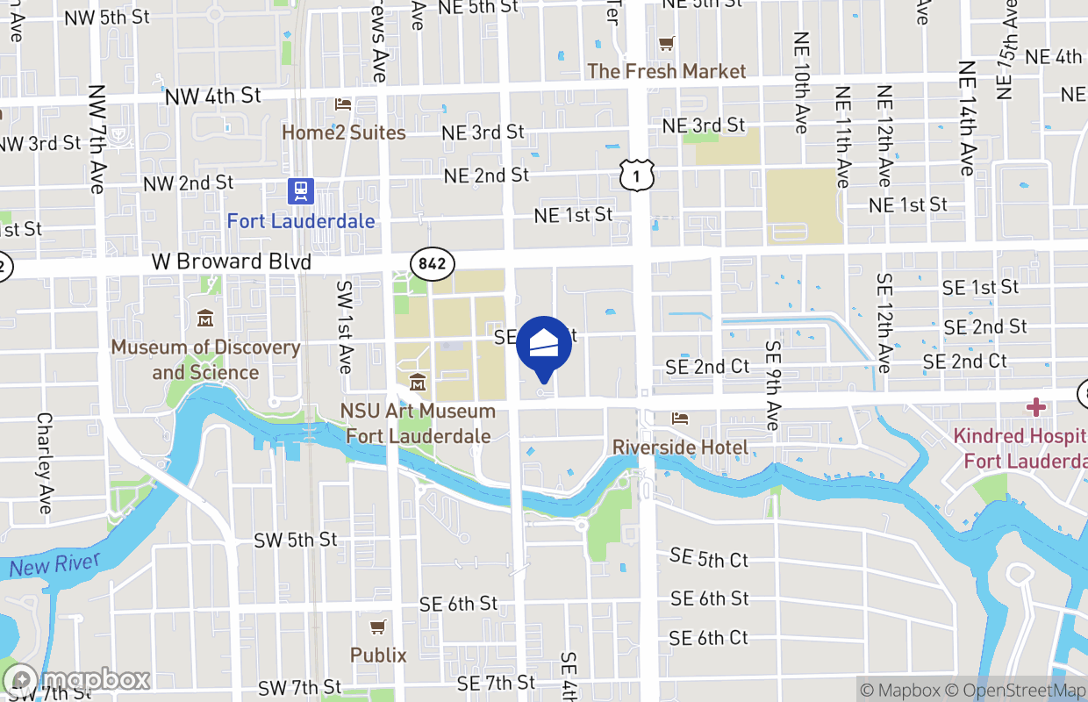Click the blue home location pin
544,345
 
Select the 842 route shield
433,263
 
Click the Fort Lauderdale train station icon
301,190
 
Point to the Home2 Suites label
343,133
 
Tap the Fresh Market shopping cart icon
667,43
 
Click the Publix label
378,655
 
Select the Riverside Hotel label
680,448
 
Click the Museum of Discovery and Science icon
205,318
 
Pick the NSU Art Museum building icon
418,383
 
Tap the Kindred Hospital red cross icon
1036,407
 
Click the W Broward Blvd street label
232,261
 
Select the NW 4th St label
213,95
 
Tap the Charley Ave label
44,463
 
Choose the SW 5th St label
296,540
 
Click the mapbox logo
77,680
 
